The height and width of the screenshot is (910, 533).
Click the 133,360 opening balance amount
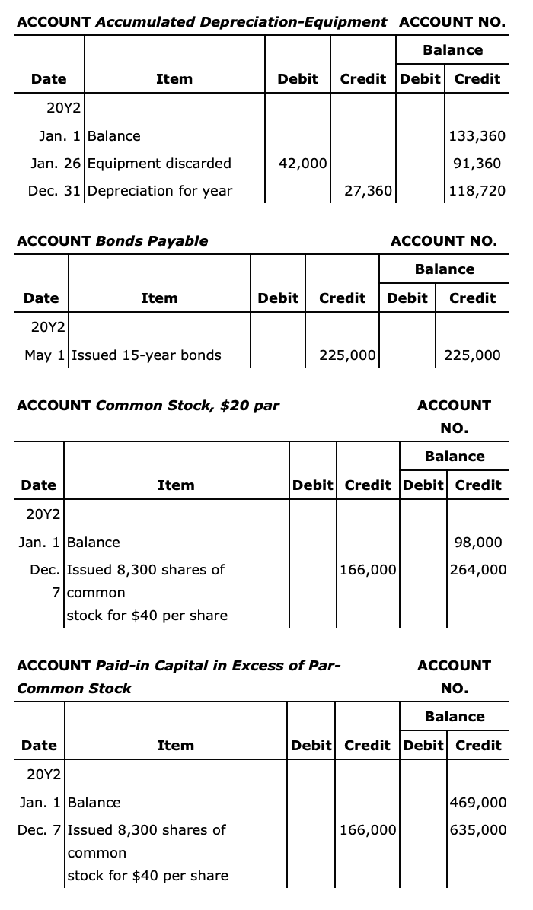(x=477, y=136)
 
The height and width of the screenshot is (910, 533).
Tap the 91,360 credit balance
(x=480, y=163)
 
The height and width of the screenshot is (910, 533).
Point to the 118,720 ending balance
(x=477, y=190)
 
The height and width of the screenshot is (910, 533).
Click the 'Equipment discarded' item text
(x=159, y=163)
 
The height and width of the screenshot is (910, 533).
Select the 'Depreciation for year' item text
(x=160, y=190)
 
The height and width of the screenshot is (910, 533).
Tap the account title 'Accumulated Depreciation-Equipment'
(x=241, y=21)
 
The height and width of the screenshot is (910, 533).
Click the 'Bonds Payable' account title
(x=152, y=240)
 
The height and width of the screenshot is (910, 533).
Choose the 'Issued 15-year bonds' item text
(x=145, y=355)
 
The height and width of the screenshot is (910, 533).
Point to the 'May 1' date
(x=45, y=355)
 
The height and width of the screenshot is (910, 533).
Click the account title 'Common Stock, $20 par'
(x=187, y=405)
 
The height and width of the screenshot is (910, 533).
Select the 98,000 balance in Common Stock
(x=477, y=542)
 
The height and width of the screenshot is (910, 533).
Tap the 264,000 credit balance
(x=477, y=569)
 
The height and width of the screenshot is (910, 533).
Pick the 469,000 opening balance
(x=479, y=803)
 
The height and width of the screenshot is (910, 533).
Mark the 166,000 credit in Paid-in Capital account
(x=367, y=829)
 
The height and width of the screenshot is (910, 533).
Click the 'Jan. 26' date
(x=57, y=163)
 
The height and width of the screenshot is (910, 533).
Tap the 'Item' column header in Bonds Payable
(x=159, y=298)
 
